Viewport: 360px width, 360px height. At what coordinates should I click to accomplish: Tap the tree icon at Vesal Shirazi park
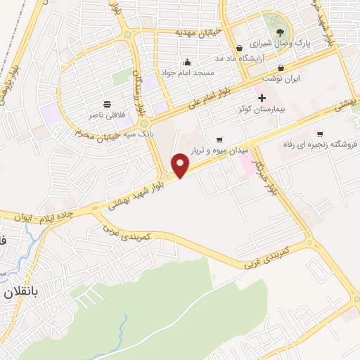click(280, 31)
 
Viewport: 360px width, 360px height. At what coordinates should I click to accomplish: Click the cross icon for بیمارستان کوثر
click(262, 97)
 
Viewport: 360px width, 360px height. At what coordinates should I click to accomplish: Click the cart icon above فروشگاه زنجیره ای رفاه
click(320, 134)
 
